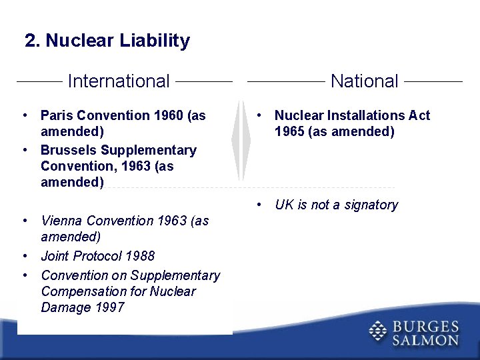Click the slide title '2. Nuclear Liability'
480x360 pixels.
click(107, 41)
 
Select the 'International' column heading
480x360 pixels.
click(119, 81)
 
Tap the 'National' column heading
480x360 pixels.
click(364, 81)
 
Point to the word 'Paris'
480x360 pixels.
click(57, 115)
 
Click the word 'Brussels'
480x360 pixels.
click(69, 150)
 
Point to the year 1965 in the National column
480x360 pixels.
click(289, 131)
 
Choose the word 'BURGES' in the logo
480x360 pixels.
click(426, 326)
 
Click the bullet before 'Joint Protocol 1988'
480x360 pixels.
click(24, 256)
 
